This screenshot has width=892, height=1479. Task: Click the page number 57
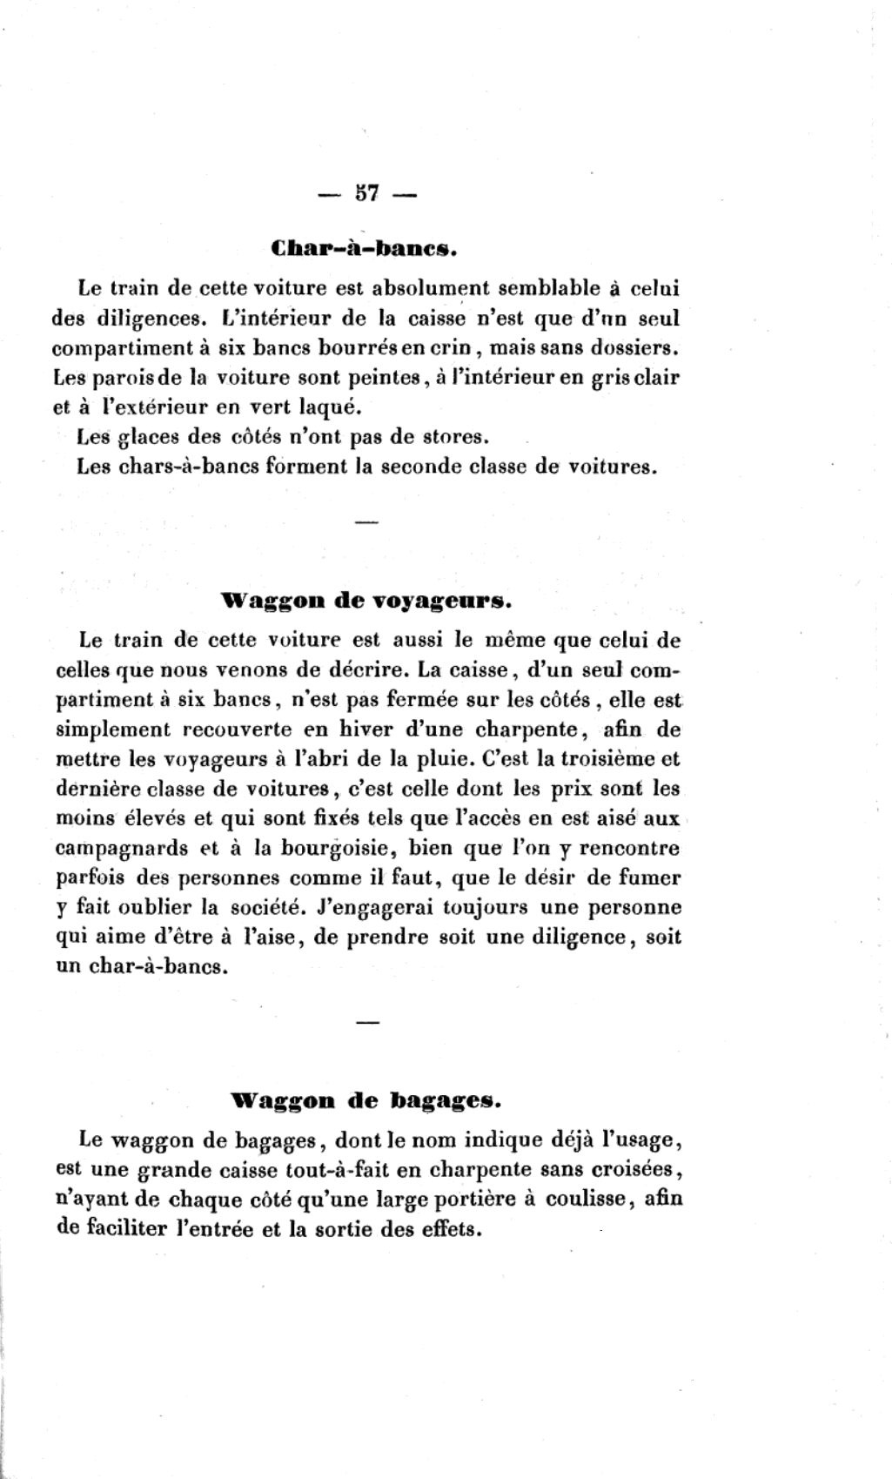366,194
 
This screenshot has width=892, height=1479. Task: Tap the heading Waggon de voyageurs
366,602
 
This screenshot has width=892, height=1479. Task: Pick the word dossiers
634,348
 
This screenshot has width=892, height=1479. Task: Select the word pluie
419,759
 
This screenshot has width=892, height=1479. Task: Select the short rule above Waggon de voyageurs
366,522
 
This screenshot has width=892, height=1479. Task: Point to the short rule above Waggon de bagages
367,1020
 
